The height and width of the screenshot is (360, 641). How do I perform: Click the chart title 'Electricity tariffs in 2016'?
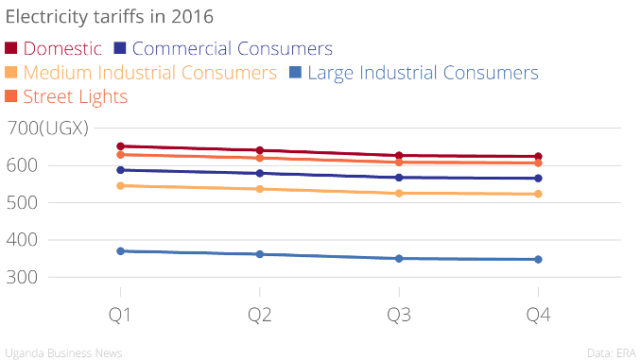(109, 17)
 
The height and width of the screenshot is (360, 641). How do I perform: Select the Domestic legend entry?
(53, 48)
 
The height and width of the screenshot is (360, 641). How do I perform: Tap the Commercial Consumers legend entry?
(223, 48)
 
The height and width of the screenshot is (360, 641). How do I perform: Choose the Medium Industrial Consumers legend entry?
(141, 73)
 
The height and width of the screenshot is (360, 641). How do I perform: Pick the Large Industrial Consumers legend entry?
(414, 73)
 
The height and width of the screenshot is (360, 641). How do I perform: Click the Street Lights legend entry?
(66, 97)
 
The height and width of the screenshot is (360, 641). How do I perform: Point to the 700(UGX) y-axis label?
(47, 128)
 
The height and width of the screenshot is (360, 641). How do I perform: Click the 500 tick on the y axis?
(22, 203)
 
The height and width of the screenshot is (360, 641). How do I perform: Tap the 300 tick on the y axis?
(22, 278)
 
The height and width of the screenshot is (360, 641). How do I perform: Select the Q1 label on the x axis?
(120, 315)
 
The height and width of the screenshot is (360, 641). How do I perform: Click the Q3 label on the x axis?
(399, 315)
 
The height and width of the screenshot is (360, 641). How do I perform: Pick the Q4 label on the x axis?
(538, 315)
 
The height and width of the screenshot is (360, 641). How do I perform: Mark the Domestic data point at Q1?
(121, 146)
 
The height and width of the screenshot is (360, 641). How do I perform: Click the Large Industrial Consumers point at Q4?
(538, 260)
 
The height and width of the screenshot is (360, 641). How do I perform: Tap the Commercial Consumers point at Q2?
(260, 173)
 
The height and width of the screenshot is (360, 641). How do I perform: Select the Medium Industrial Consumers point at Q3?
(399, 194)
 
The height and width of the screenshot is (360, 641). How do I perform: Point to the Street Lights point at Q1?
(121, 155)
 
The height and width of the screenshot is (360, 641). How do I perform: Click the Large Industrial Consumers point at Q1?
(121, 251)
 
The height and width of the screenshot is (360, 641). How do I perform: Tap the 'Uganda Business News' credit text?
(63, 353)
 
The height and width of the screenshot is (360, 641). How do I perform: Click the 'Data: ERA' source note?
(612, 353)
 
